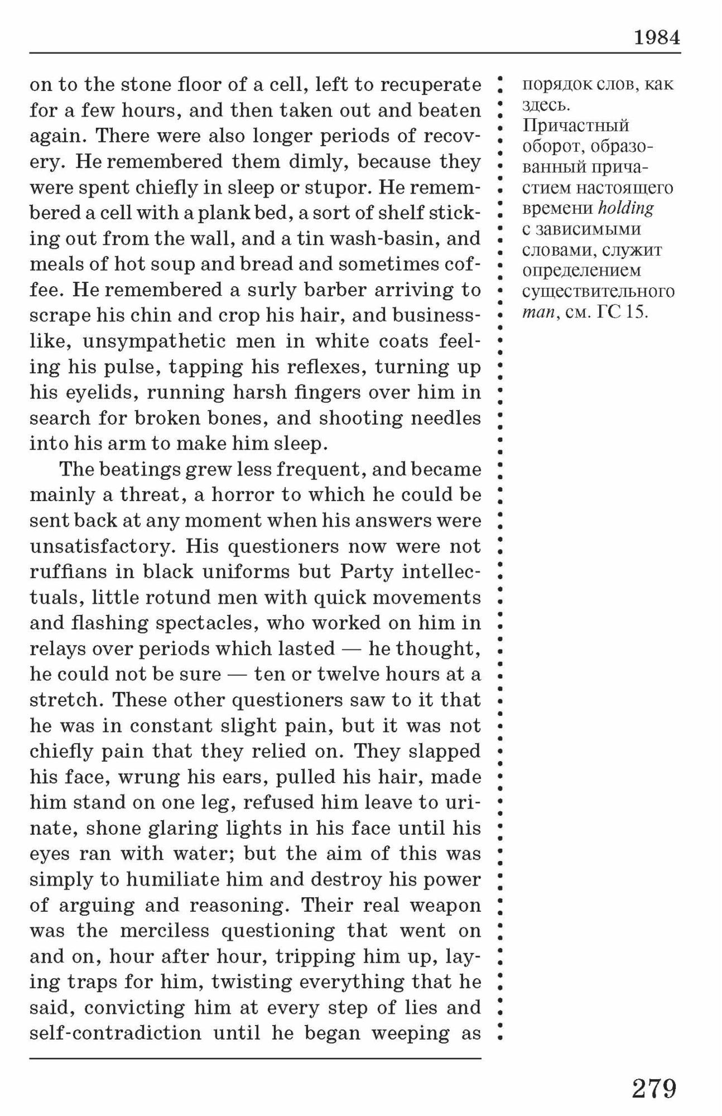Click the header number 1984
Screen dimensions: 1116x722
coord(657,37)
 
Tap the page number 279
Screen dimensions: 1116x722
coord(653,1089)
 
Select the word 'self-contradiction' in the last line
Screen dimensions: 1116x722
coord(115,1033)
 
